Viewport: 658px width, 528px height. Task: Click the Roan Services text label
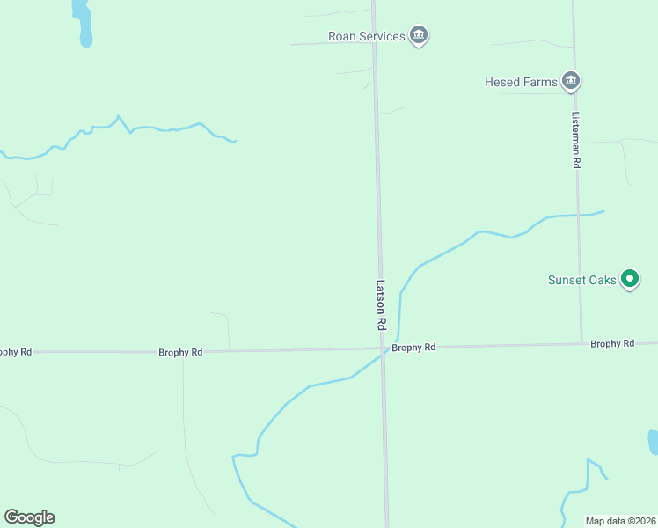click(x=366, y=36)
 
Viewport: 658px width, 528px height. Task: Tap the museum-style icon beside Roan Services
click(x=419, y=36)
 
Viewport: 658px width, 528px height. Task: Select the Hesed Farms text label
click(x=521, y=82)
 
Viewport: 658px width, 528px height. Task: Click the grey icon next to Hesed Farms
click(x=572, y=82)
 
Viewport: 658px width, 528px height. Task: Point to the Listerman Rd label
click(x=576, y=140)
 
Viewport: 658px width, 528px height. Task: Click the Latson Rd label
click(x=381, y=304)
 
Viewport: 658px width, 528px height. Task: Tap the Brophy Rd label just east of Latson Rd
click(x=413, y=348)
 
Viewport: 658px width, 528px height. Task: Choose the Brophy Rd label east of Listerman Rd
click(x=612, y=343)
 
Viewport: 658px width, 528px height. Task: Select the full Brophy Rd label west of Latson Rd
click(x=180, y=352)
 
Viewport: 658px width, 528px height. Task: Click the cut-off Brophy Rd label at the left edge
click(x=16, y=352)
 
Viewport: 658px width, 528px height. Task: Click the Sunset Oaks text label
click(x=581, y=281)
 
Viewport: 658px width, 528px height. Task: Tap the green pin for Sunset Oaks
click(x=629, y=279)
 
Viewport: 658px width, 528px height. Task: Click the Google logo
click(x=29, y=517)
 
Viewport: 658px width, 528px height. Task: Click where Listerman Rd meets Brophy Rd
click(x=581, y=344)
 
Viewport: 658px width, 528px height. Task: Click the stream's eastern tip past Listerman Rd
click(x=603, y=211)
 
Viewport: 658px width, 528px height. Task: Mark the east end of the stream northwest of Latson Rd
click(x=235, y=141)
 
